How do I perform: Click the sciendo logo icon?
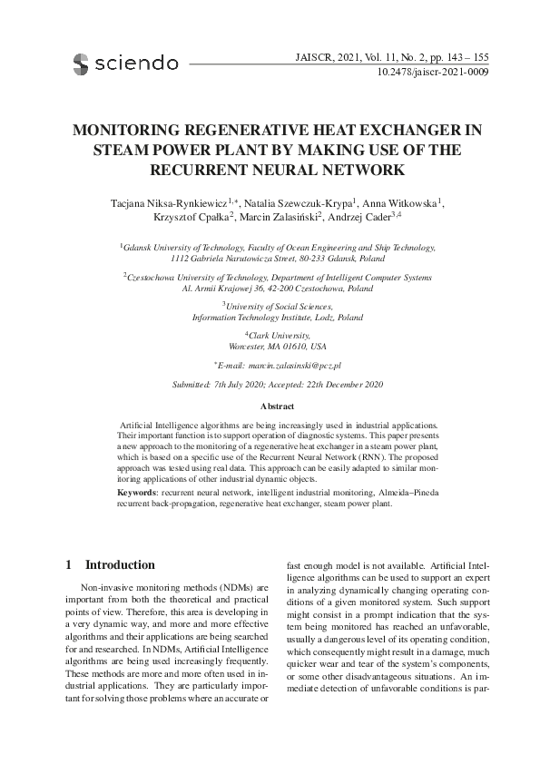click(x=81, y=63)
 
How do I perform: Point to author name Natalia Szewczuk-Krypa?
click(x=299, y=201)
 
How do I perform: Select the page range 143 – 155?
click(x=463, y=54)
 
